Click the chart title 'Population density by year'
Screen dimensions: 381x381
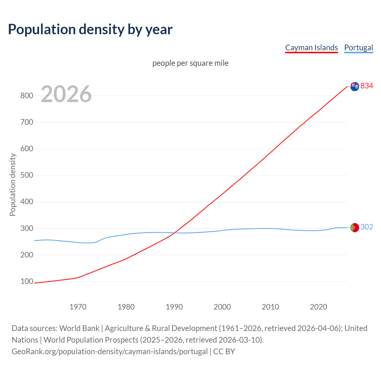(x=90, y=29)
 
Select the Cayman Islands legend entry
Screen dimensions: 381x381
(x=311, y=48)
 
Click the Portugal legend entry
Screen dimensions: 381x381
(x=358, y=48)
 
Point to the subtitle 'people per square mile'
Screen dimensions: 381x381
(x=190, y=63)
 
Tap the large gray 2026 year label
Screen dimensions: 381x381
(x=66, y=94)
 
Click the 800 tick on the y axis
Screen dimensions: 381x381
(x=26, y=96)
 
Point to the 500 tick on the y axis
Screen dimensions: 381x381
(x=26, y=175)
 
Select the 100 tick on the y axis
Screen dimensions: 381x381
(x=26, y=281)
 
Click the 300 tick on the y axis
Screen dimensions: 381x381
(x=26, y=228)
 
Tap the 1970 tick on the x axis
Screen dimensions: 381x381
(x=78, y=307)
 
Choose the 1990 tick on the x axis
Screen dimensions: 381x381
(x=174, y=307)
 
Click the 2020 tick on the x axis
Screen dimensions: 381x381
(x=318, y=307)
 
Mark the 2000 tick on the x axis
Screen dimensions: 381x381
(x=222, y=307)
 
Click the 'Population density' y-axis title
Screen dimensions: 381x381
(x=13, y=185)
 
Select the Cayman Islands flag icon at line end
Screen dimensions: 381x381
(x=355, y=86)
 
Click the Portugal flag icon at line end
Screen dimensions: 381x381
(x=355, y=228)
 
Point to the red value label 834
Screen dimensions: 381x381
(x=367, y=86)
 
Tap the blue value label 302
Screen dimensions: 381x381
(x=367, y=227)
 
